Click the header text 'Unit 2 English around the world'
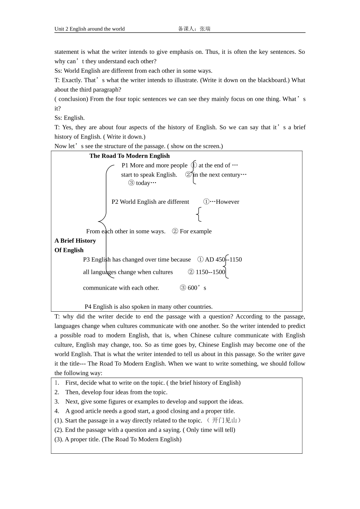pos(89,29)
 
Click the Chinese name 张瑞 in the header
pos(205,29)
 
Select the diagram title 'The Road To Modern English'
pos(129,156)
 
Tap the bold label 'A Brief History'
pos(75,240)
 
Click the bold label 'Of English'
pos(69,250)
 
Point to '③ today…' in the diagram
pos(142,183)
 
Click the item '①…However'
pos(221,202)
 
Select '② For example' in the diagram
pos(192,231)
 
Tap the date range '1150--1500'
pos(210,272)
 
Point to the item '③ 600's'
pos(193,288)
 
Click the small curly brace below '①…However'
pos(199,214)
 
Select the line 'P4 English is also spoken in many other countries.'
pos(149,307)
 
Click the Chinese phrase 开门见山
pos(224,420)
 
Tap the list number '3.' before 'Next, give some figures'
pos(57,401)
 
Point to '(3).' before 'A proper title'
pos(59,439)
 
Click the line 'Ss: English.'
pos(69,118)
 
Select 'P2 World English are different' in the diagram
pos(150,202)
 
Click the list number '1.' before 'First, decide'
pos(57,383)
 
